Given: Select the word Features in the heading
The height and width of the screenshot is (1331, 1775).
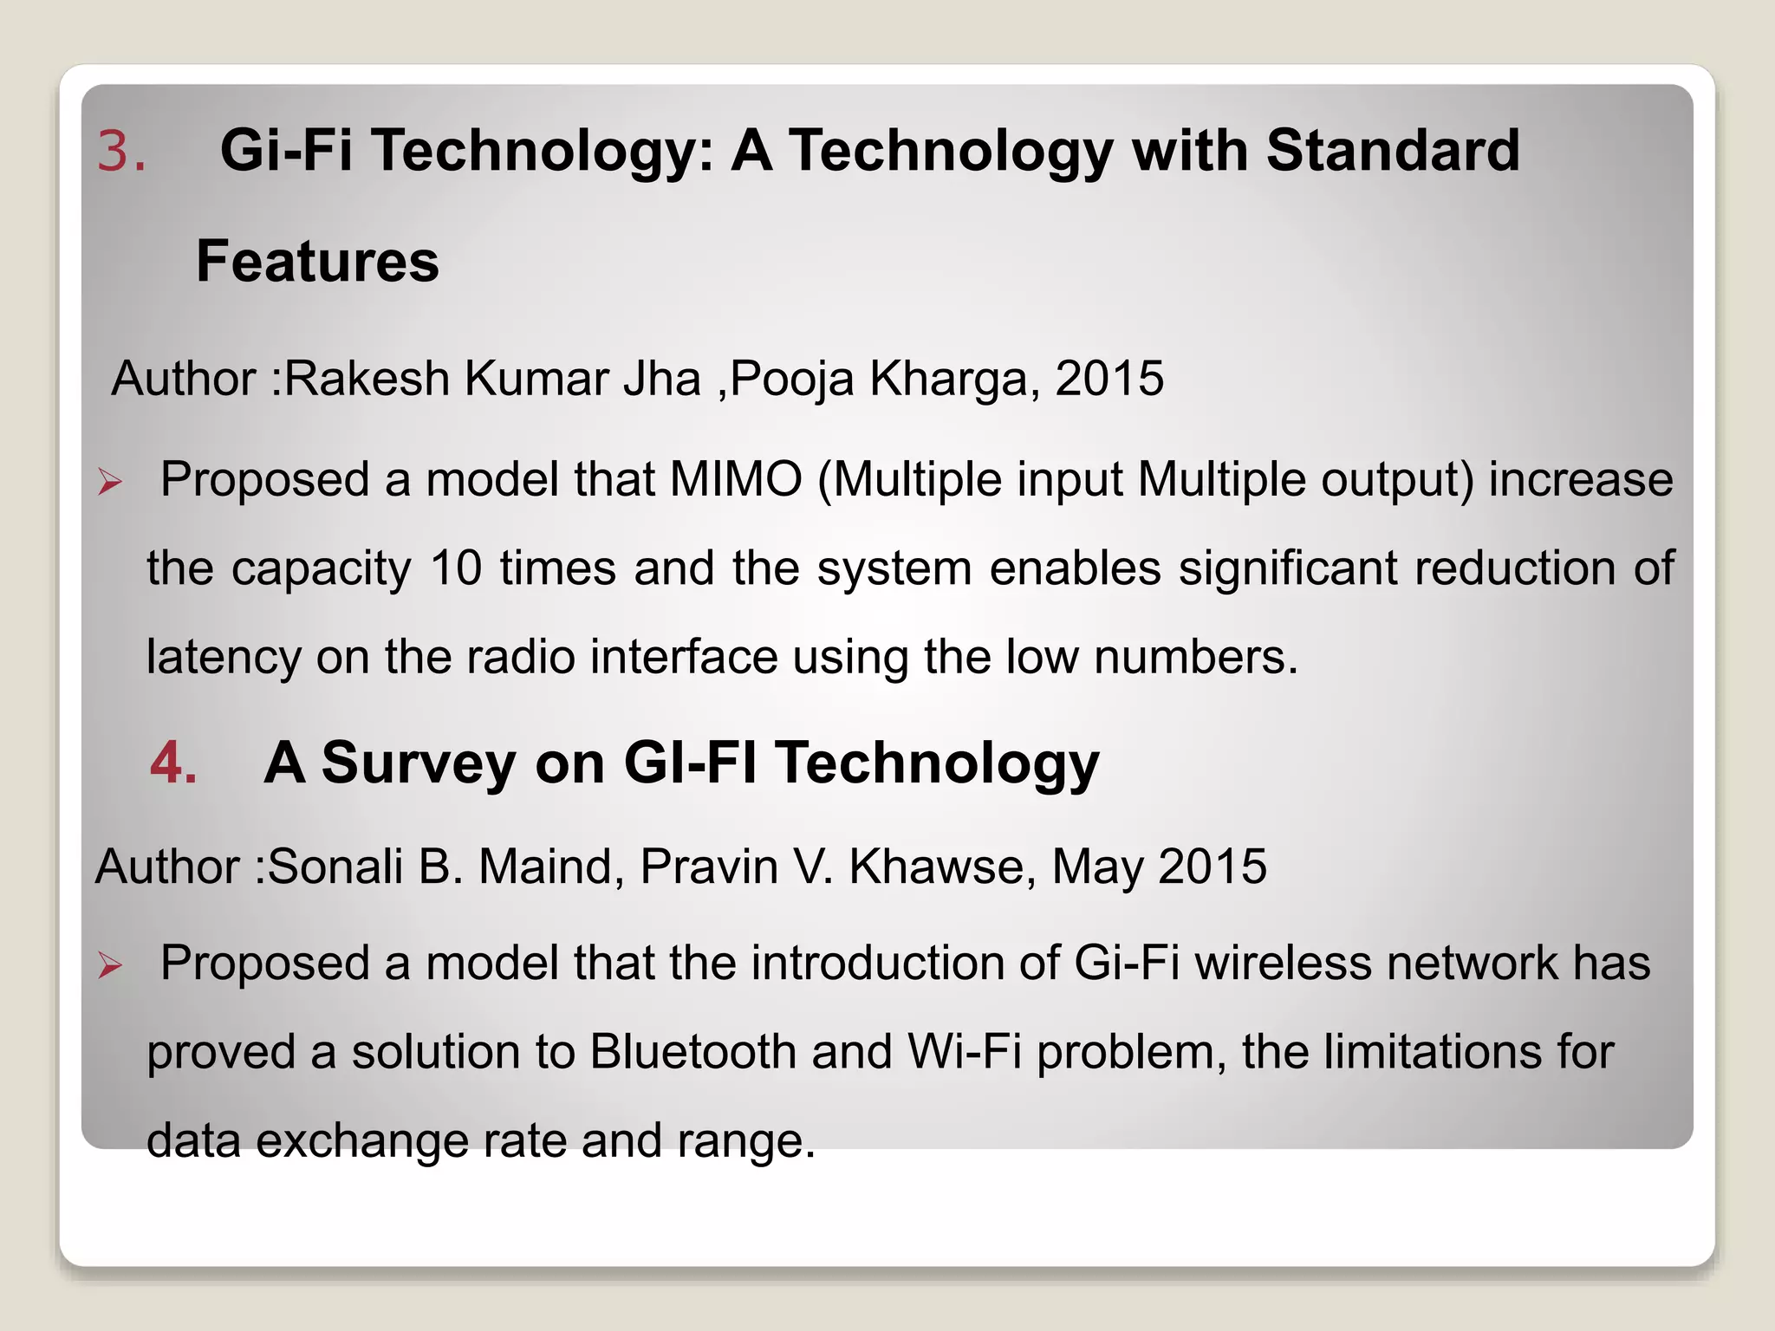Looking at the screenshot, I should pos(317,262).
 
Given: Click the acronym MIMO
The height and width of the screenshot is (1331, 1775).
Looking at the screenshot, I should pos(736,479).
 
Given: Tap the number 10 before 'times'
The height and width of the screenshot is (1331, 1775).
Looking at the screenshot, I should pos(456,568).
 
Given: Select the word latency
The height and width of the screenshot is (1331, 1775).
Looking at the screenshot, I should pos(224,657).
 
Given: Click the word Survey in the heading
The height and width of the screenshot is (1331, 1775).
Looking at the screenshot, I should pos(419,763).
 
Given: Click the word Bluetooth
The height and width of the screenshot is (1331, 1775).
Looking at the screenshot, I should pos(693,1052).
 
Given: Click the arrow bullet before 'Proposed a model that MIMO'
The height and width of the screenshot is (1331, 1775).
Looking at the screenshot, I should pos(110,481).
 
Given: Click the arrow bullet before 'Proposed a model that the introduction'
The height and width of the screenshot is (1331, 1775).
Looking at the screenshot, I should pos(110,964).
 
